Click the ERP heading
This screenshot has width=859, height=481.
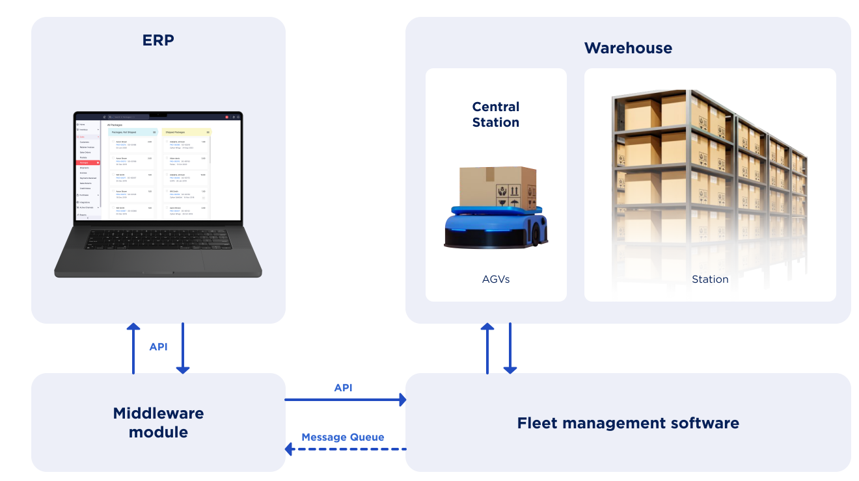(158, 40)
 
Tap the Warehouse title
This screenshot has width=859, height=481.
(628, 48)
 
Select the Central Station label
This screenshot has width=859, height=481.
(496, 114)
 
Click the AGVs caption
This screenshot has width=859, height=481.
(496, 279)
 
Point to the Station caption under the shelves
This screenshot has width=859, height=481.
(710, 279)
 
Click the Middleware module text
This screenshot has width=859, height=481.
(158, 422)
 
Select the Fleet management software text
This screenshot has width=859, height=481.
(628, 423)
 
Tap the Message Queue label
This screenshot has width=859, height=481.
(342, 437)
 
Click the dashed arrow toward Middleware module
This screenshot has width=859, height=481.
(345, 448)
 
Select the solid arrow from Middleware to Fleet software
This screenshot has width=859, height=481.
(345, 400)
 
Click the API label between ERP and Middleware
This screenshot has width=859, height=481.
(158, 346)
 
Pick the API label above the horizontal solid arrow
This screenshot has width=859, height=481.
(343, 387)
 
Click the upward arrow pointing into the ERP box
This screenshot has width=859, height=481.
(133, 348)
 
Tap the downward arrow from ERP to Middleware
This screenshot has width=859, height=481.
(183, 348)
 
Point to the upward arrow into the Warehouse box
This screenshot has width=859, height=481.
(487, 348)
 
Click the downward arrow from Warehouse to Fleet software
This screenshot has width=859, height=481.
(510, 348)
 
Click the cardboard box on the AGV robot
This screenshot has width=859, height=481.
(498, 186)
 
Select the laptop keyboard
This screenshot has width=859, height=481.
(159, 238)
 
